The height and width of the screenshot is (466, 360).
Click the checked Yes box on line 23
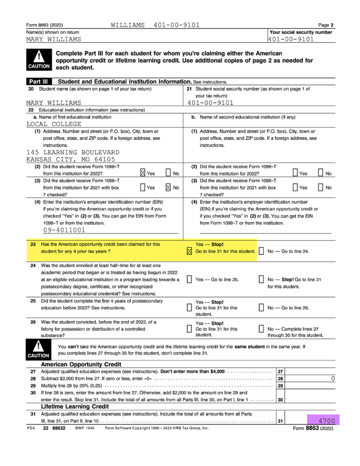pyautogui.click(x=189, y=251)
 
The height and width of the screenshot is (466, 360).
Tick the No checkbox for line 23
pyautogui.click(x=261, y=251)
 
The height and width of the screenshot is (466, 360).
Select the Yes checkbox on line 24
pyautogui.click(x=189, y=279)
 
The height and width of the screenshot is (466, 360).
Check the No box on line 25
pyautogui.click(x=261, y=308)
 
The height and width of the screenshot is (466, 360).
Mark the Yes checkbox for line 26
pyautogui.click(x=189, y=329)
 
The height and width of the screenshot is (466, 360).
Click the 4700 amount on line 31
pyautogui.click(x=326, y=421)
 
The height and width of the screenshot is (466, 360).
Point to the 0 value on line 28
pyautogui.click(x=333, y=379)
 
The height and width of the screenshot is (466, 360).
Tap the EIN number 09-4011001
pyautogui.click(x=65, y=231)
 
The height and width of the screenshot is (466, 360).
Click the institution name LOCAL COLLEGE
pyautogui.click(x=54, y=124)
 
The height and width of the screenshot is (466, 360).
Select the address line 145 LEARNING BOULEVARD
pyautogui.click(x=73, y=152)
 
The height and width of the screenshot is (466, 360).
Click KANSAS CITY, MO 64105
pyautogui.click(x=71, y=159)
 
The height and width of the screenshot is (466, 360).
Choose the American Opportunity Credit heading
pyautogui.click(x=81, y=365)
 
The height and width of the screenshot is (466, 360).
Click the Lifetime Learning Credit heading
pyautogui.click(x=75, y=406)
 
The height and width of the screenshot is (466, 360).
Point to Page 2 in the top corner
pyautogui.click(x=326, y=25)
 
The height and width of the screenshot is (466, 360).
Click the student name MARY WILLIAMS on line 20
pyautogui.click(x=54, y=103)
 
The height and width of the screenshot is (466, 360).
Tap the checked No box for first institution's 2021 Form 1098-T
pyautogui.click(x=168, y=187)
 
